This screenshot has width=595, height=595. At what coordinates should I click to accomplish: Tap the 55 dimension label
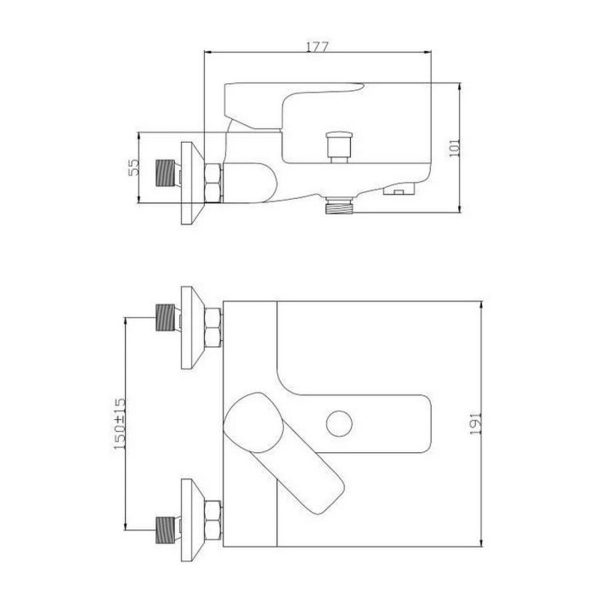click(133, 167)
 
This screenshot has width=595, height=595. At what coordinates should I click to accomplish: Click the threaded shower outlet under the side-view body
click(341, 206)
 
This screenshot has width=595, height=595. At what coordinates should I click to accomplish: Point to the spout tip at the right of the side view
click(399, 189)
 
